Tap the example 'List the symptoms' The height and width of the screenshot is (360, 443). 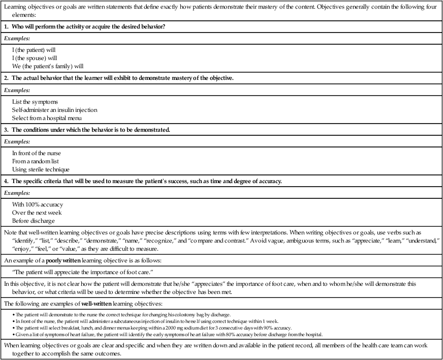tap(35, 102)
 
